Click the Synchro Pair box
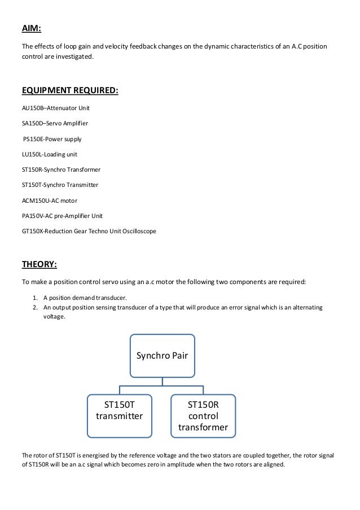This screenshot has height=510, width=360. (x=163, y=355)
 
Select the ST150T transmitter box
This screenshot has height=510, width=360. (x=119, y=411)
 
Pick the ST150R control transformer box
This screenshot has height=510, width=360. (x=203, y=416)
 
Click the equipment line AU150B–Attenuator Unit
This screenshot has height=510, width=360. (x=55, y=107)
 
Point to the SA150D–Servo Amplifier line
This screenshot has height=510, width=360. (x=54, y=123)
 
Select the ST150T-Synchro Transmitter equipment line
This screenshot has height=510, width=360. (x=60, y=185)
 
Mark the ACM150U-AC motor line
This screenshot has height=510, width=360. (x=49, y=200)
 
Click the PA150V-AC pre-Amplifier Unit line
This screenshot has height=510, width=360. (x=62, y=216)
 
